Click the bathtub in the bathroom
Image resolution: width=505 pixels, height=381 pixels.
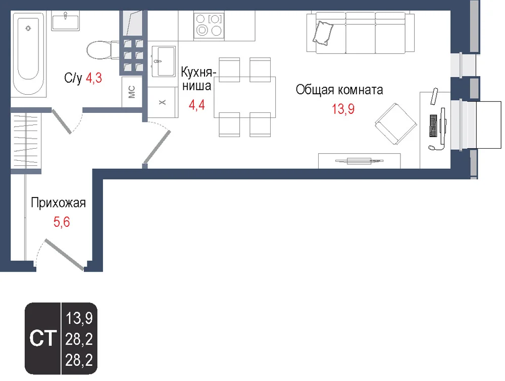point(28,54)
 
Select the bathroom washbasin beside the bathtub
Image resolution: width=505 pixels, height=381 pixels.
point(65,21)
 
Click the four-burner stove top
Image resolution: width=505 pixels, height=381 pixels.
point(209,25)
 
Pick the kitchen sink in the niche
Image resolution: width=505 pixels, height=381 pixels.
point(164,61)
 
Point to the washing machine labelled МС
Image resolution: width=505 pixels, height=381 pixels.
point(132,92)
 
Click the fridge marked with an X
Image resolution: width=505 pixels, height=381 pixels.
point(163,102)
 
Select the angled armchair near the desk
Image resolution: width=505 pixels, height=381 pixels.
point(396,124)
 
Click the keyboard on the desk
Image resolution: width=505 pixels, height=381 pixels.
point(433,125)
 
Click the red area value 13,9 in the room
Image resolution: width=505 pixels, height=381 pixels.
point(343,109)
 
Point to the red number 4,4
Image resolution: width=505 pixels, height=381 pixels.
point(197,105)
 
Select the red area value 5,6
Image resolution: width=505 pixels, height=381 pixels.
point(62,222)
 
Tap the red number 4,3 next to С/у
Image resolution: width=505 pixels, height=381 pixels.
point(94,78)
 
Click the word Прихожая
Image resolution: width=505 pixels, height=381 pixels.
point(58,203)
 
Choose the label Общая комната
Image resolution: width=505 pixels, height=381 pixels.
point(339,90)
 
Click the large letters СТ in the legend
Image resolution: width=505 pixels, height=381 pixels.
point(43,338)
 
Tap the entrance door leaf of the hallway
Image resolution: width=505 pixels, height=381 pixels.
point(64,255)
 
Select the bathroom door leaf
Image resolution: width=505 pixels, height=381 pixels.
point(62,121)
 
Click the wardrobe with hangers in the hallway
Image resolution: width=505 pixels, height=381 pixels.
point(26,141)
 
